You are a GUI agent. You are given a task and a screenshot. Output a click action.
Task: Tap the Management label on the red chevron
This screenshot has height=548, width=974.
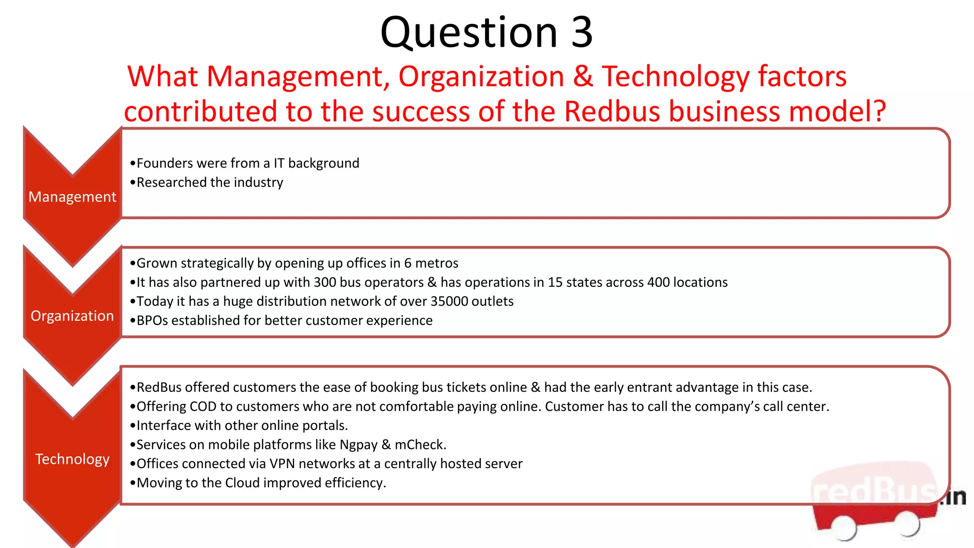click(72, 197)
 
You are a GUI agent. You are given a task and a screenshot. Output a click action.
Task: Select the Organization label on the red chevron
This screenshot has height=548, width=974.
click(72, 316)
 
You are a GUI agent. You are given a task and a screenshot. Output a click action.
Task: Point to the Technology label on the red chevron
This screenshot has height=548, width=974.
click(72, 459)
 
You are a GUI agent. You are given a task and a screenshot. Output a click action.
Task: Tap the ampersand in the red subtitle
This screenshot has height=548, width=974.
click(584, 77)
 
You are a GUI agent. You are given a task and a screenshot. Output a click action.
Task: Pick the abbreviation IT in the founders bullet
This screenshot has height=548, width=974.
click(279, 163)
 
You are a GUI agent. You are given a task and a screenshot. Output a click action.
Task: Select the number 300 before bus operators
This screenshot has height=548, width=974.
click(325, 282)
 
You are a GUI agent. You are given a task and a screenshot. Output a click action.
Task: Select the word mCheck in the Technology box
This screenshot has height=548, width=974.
click(420, 445)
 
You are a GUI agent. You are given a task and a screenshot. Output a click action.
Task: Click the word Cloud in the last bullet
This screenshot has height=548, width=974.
click(242, 483)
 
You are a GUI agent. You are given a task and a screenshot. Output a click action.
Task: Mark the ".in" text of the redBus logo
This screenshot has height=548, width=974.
click(953, 497)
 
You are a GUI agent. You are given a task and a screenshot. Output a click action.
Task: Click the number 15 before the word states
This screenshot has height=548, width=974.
click(555, 282)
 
